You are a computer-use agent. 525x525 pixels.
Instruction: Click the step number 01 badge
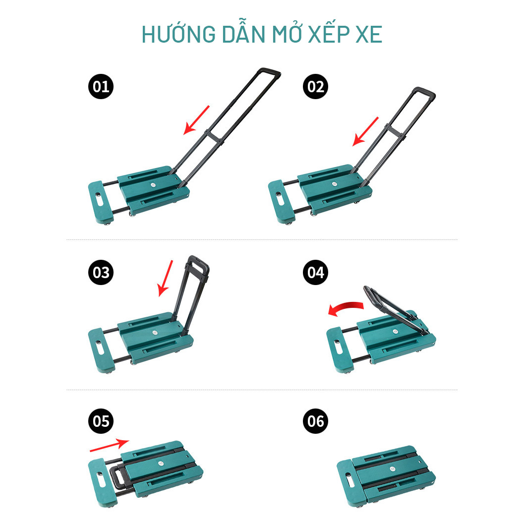click(x=101, y=86)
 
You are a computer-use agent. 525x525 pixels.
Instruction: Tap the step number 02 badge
click(x=315, y=86)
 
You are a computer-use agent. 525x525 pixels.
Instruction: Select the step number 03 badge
click(x=101, y=272)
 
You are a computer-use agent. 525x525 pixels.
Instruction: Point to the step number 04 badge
click(x=315, y=272)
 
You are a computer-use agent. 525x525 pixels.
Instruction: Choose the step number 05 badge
click(x=101, y=421)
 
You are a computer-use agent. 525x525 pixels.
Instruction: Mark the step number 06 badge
click(x=315, y=421)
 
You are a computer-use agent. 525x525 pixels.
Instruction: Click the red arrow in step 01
click(x=196, y=120)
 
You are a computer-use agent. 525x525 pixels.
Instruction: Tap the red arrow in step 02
click(x=366, y=131)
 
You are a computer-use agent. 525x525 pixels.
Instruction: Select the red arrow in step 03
click(x=166, y=278)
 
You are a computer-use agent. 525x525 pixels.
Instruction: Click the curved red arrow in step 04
click(x=345, y=307)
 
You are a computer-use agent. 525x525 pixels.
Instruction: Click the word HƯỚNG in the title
click(x=178, y=34)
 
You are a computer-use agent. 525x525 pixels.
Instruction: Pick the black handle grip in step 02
click(x=424, y=92)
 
